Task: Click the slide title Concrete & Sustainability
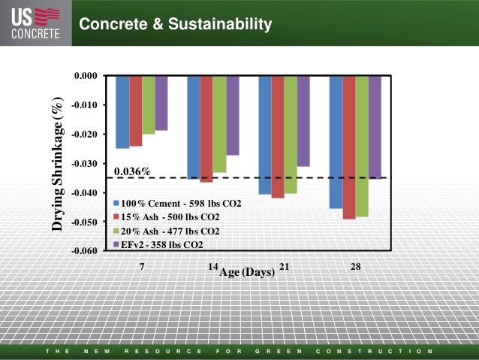click(175, 26)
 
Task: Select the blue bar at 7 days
click(122, 112)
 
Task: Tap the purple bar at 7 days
click(161, 103)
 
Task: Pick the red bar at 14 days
click(206, 129)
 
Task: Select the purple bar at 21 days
click(303, 121)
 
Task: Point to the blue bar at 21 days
click(265, 135)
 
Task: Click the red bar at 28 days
click(349, 147)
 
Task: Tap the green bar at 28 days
click(362, 146)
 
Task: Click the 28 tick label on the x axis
click(356, 267)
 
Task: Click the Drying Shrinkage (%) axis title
click(57, 163)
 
